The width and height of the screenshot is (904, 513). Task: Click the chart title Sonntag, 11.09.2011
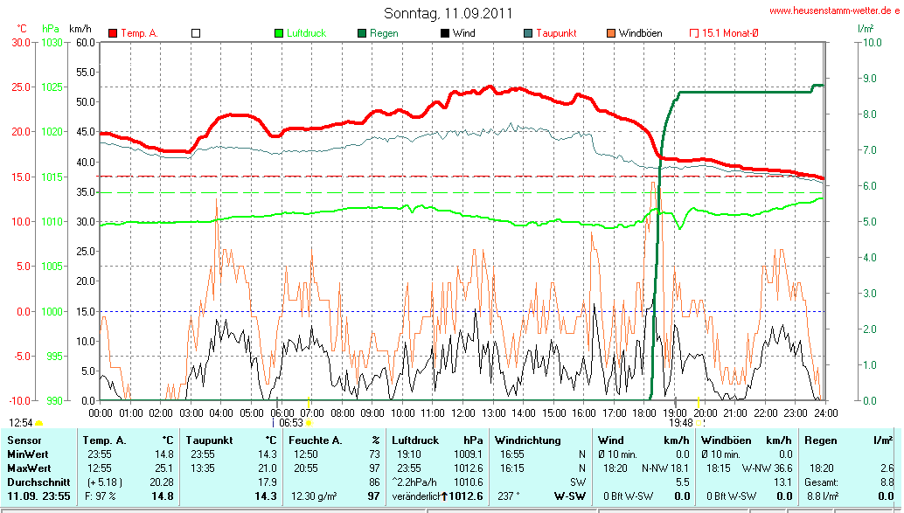[x=449, y=13]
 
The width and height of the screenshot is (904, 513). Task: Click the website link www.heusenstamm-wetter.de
[x=835, y=10]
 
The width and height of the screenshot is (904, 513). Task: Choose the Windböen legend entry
[x=640, y=33]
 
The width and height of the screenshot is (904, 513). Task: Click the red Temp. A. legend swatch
[x=113, y=33]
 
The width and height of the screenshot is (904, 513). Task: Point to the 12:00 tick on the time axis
[x=462, y=412]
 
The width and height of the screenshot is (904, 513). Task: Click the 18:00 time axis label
[x=644, y=412]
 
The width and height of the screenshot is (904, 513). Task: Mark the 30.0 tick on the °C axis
[x=19, y=42]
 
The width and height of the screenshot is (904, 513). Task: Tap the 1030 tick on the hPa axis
[x=52, y=42]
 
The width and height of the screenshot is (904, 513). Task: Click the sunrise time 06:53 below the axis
[x=291, y=423]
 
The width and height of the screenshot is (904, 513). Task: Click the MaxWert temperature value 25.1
[x=163, y=468]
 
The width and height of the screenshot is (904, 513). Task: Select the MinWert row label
[x=27, y=454]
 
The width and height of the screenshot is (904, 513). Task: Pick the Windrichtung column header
[x=527, y=440]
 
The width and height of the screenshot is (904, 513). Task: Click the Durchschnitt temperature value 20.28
[x=158, y=482]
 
